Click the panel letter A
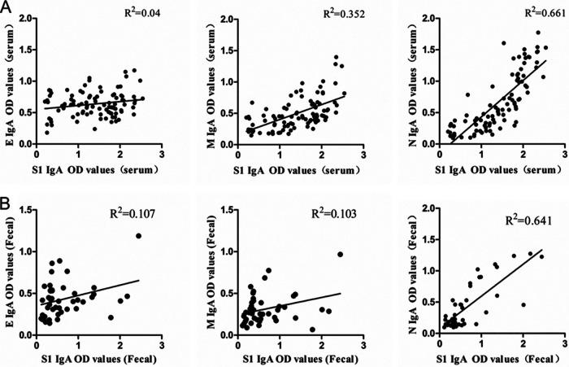click(7, 8)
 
